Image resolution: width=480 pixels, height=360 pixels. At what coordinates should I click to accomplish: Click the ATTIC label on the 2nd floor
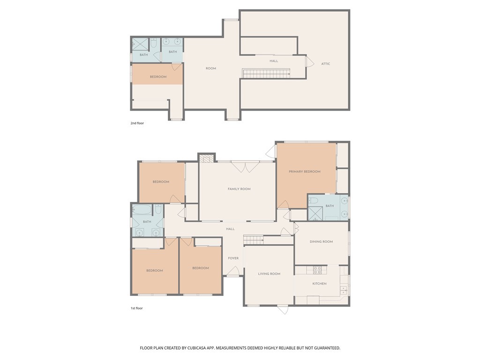point(325,64)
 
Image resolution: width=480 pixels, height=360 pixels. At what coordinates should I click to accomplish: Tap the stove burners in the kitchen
point(317,270)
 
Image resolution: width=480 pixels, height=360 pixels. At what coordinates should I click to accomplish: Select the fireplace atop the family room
point(206,158)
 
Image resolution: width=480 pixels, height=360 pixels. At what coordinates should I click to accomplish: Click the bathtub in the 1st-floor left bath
point(142,210)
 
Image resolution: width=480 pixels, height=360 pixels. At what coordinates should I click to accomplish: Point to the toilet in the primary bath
point(314,201)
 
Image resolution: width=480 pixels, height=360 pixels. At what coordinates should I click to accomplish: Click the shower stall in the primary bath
point(315,214)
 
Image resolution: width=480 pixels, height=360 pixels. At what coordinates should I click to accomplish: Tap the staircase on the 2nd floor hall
point(266,73)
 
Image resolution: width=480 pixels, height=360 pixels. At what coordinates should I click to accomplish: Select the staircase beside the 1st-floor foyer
point(253,240)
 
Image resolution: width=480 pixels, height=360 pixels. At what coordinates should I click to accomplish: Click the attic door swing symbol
point(309,61)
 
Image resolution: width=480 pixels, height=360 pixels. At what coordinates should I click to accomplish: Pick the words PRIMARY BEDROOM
point(305,172)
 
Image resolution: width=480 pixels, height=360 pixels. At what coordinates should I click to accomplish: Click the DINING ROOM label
point(321,242)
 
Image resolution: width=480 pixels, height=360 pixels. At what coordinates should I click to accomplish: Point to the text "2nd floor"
point(137,123)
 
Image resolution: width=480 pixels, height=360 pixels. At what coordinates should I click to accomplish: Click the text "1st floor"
point(137,308)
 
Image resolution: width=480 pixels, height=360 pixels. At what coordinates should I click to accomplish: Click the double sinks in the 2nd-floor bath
point(173,41)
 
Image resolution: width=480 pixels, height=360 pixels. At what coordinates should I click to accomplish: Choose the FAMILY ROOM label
point(239,189)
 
